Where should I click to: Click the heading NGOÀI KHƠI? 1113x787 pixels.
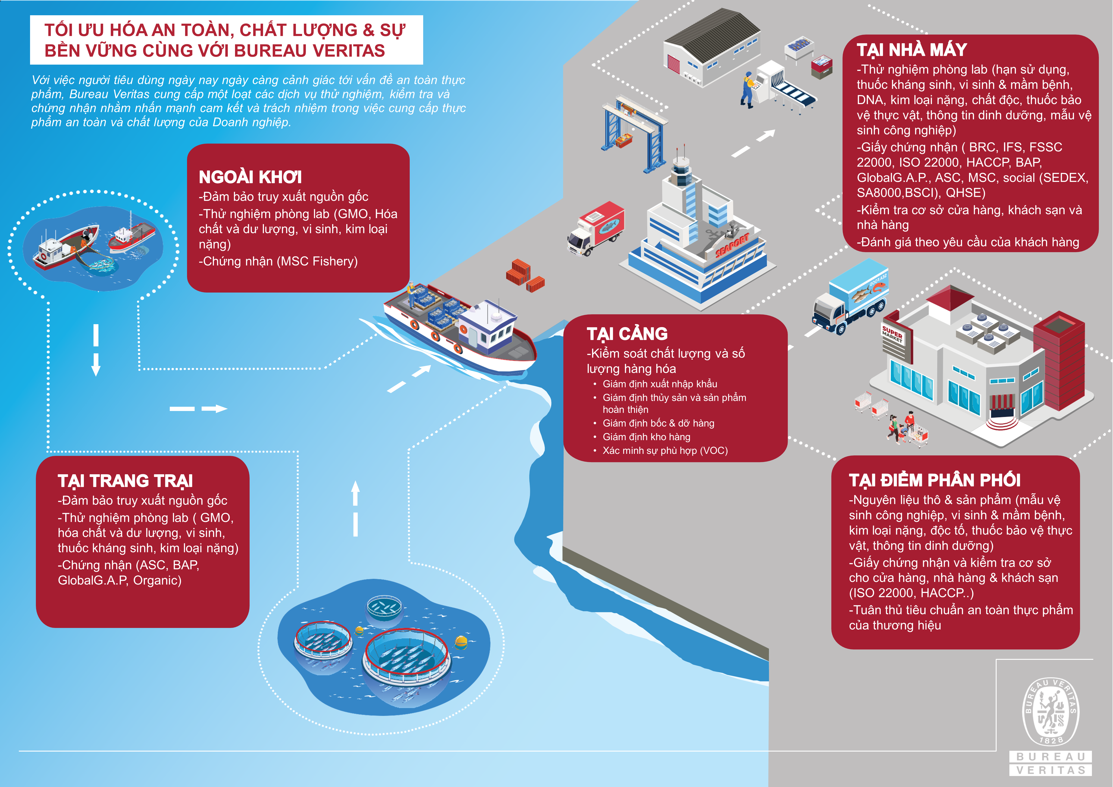(x=250, y=177)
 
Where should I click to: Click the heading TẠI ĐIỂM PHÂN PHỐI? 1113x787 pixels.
(x=935, y=480)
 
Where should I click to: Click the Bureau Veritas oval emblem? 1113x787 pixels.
(x=1050, y=711)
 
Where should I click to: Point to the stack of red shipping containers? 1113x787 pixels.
(x=525, y=275)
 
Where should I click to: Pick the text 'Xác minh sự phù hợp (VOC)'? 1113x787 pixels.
(x=665, y=450)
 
